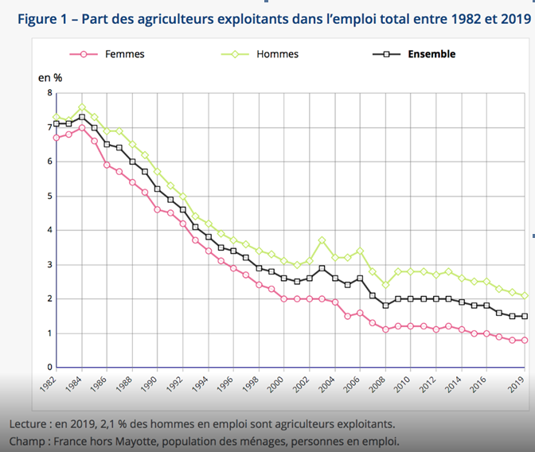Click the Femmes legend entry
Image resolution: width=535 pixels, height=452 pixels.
(x=124, y=55)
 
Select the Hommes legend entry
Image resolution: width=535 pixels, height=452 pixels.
(x=277, y=55)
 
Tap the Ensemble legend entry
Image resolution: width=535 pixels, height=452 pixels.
(x=431, y=55)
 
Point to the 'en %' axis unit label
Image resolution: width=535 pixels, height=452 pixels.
(x=50, y=77)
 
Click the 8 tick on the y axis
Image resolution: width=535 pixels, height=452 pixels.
(x=49, y=93)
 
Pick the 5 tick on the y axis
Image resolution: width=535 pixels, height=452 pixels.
(x=49, y=196)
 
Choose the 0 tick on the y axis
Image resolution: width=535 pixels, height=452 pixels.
(x=49, y=367)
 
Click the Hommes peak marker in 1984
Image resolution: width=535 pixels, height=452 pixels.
(x=82, y=107)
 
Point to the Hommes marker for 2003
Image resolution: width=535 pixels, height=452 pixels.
(x=321, y=240)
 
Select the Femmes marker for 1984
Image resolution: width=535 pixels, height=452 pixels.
(x=82, y=127)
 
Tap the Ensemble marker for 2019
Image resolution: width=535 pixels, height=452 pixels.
(x=525, y=316)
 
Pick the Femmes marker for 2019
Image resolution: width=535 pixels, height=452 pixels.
(x=525, y=340)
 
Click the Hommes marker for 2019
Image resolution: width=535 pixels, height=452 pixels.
(x=525, y=295)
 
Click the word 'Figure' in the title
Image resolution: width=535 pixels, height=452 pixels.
(x=37, y=18)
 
